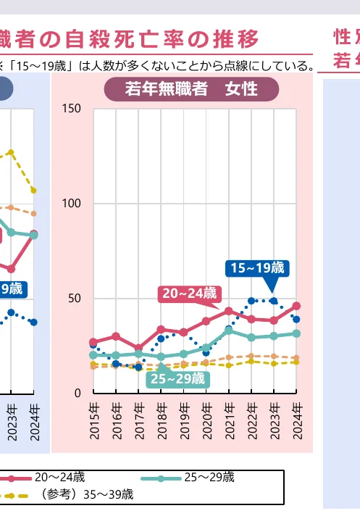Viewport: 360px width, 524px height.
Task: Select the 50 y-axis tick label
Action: pos(75,299)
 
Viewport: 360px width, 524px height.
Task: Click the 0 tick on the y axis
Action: pos(78,394)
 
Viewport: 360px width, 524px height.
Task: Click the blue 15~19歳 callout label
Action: pos(258,268)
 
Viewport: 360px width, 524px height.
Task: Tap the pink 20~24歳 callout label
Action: pos(190,293)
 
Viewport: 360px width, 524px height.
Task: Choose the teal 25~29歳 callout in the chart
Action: pos(177,378)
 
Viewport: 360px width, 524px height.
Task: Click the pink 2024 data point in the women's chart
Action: pos(296,306)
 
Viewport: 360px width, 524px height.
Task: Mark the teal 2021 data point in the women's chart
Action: pos(229,330)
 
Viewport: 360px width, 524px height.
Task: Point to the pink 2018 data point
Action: pos(161,329)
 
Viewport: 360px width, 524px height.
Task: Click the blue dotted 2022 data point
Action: pos(251,301)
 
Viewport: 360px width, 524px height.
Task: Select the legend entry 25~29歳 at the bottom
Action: pos(209,478)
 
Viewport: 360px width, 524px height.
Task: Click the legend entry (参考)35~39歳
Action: pos(87,495)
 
